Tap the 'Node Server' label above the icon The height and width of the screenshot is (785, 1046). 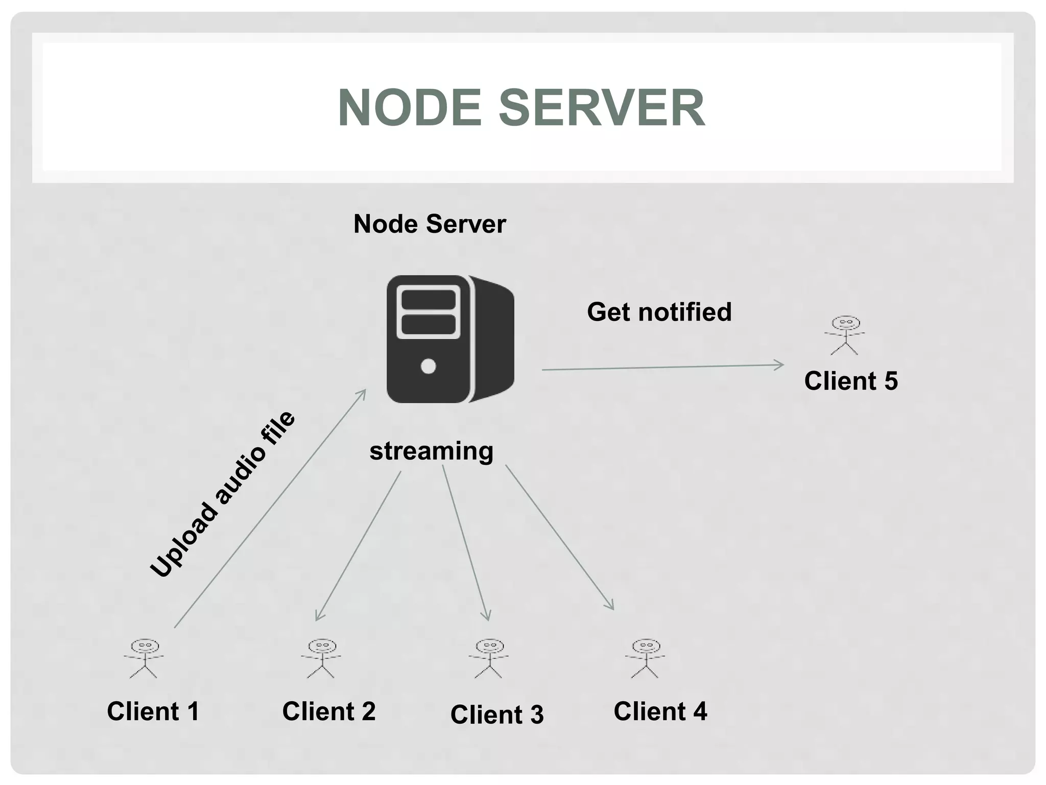pos(430,224)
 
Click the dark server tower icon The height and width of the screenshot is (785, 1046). pos(449,339)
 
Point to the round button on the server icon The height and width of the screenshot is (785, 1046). pos(428,366)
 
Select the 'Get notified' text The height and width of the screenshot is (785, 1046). pos(659,312)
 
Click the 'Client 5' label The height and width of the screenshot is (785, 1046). pos(850,381)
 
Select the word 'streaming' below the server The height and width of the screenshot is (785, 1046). pos(432,451)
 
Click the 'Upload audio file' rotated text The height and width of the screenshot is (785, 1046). pos(223,494)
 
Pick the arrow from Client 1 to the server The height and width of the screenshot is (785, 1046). pos(270,509)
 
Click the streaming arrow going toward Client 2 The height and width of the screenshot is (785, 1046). pos(358,546)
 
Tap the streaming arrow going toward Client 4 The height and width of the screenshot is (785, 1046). pos(559,537)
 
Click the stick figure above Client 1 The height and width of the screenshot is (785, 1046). pos(144,658)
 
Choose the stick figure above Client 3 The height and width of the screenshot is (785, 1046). pos(489,658)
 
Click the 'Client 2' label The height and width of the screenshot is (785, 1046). pos(328,711)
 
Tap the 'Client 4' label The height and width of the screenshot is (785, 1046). pos(660,711)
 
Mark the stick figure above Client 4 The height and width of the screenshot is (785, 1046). pos(646,658)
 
